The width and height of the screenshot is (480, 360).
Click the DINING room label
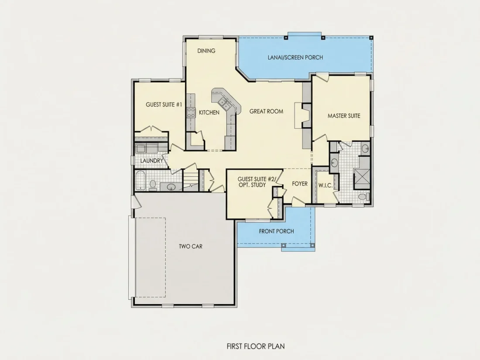206,51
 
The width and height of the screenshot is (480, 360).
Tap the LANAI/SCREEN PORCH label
295,57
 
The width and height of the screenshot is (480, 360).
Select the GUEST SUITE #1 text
164,105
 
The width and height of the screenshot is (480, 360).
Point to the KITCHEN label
209,113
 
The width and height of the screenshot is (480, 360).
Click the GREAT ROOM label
266,111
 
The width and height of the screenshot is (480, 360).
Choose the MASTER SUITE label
344,116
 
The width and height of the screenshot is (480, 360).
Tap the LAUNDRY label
151,161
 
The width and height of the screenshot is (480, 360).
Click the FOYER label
300,184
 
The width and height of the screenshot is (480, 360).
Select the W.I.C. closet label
326,185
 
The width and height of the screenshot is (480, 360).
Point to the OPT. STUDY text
252,185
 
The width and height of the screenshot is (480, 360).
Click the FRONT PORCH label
276,231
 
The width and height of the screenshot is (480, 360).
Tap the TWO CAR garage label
191,247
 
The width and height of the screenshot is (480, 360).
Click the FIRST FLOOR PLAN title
256,346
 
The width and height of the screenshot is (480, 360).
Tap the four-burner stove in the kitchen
191,113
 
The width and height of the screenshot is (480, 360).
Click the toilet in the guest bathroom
153,185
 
